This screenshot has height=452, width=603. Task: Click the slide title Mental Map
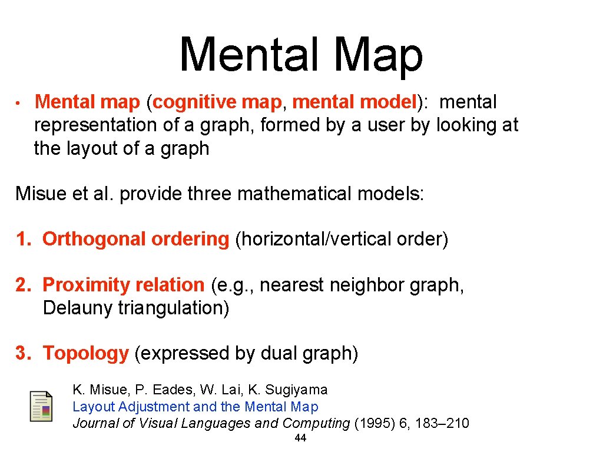point(301,55)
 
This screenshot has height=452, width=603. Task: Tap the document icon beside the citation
point(41,406)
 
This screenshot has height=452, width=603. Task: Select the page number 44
point(300,438)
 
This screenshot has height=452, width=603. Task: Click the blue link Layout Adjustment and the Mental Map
point(195,407)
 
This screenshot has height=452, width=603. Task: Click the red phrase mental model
point(354,102)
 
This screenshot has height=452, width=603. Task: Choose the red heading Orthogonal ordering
point(135,239)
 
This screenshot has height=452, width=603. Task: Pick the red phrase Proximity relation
point(123,285)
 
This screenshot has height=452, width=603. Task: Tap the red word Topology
point(85,353)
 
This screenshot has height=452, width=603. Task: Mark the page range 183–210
point(437,423)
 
